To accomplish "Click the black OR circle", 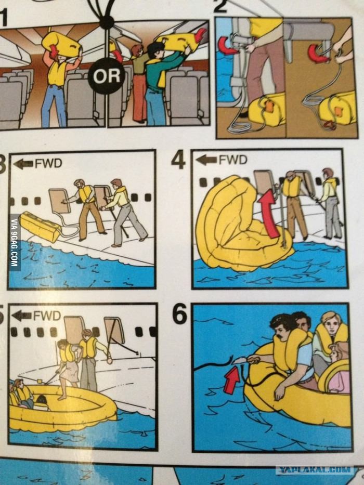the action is tap(107, 76).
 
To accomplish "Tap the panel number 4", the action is tap(178, 160).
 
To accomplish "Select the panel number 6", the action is tap(179, 313).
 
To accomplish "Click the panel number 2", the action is tap(220, 6).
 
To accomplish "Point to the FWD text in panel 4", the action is tap(233, 160).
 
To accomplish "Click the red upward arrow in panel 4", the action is tap(268, 214).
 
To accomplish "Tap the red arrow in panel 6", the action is tap(231, 380).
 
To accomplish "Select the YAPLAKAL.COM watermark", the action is tap(314, 469).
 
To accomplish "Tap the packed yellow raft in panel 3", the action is tap(40, 227).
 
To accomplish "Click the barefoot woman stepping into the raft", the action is tap(69, 368).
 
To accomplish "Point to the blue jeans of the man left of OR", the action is tap(54, 105).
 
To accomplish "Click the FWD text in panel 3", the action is tap(48, 163).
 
